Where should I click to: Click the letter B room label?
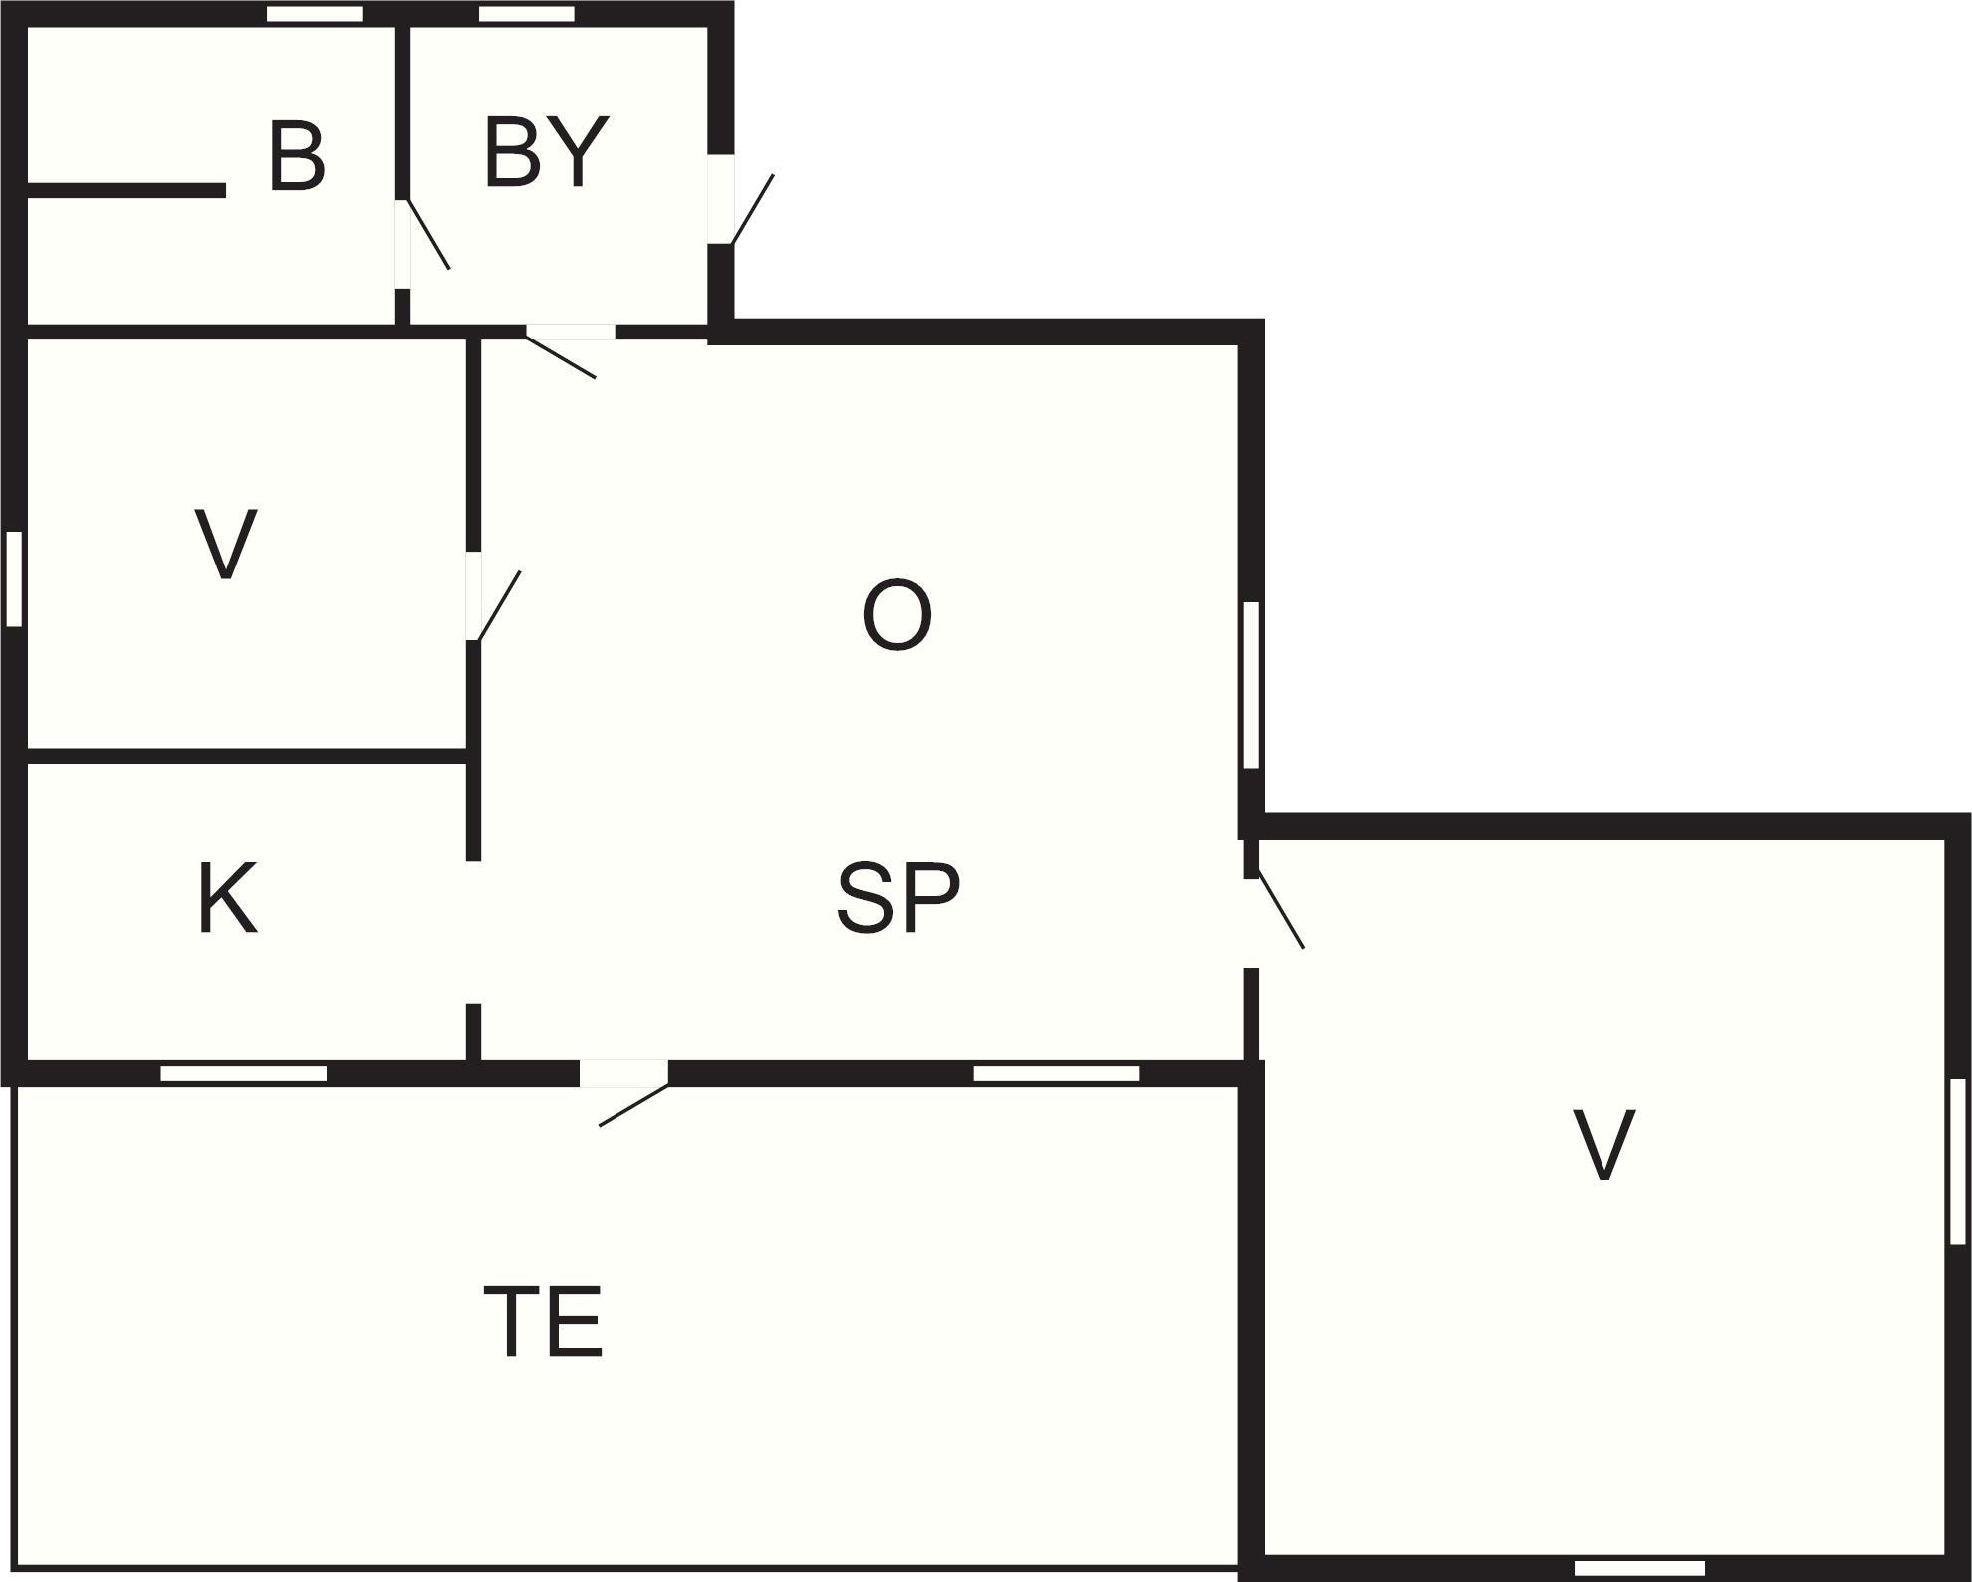[297, 156]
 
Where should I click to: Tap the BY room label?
[546, 151]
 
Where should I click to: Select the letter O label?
[897, 616]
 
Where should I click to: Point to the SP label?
[898, 898]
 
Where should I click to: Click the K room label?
[228, 898]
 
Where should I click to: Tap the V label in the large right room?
[1603, 1145]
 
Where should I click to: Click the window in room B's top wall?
[315, 14]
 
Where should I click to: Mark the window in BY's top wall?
[527, 14]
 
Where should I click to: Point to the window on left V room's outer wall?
[14, 579]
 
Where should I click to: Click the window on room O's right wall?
[1252, 685]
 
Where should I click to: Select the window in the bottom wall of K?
[244, 1073]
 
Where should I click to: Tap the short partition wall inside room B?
[126, 190]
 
